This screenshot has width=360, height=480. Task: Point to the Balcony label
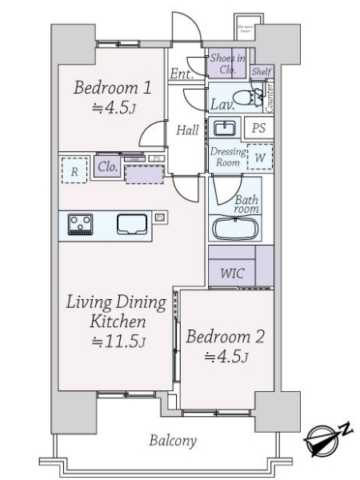(173, 440)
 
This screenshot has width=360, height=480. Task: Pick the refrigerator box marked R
(74, 170)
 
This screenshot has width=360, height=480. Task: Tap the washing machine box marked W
(259, 157)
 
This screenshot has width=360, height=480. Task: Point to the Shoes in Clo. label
(228, 63)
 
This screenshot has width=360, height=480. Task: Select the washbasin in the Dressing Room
(225, 128)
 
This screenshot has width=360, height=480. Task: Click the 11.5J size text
(118, 342)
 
